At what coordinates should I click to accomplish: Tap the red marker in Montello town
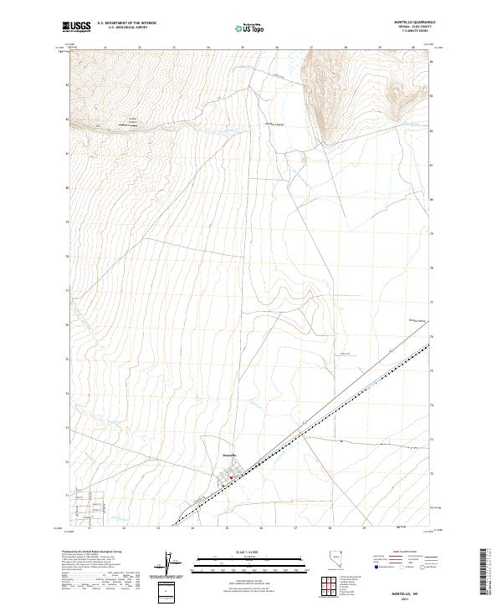(232, 478)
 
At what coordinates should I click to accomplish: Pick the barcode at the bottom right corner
(485, 568)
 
